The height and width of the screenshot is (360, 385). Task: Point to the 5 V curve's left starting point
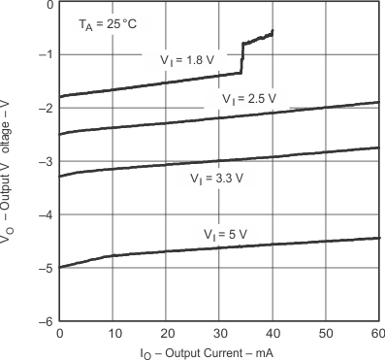coord(61,267)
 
